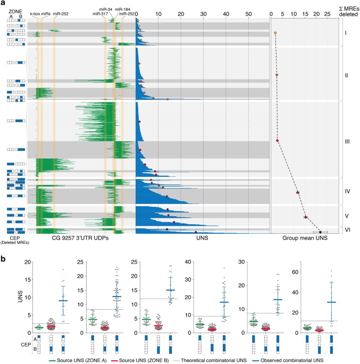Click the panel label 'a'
(3, 4)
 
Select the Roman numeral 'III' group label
(347, 141)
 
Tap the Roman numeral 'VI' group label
(347, 231)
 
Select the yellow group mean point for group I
(275, 33)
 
